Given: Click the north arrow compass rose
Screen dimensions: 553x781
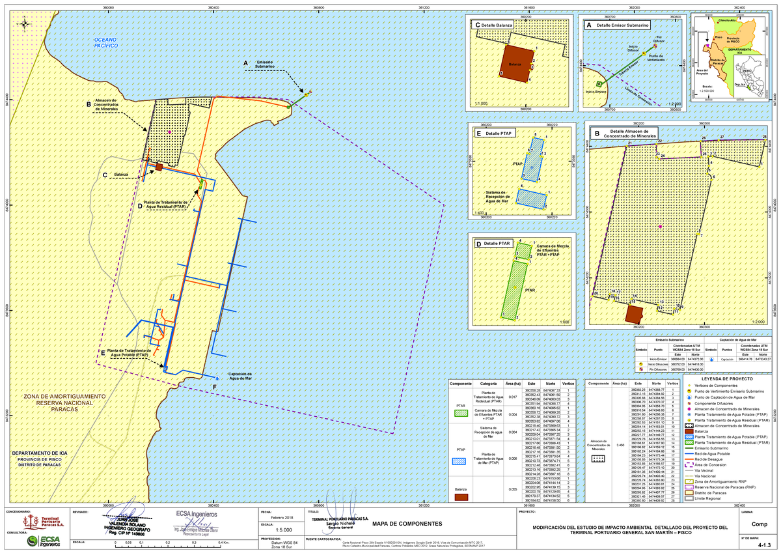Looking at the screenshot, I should tap(24, 25).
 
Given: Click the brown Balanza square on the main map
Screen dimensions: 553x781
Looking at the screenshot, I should tap(158, 167).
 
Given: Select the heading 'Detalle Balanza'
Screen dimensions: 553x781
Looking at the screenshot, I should tap(495, 25).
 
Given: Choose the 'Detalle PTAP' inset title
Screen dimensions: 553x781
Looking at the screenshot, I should tap(496, 133).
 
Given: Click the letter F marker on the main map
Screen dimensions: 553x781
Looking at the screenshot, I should tap(214, 388).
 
